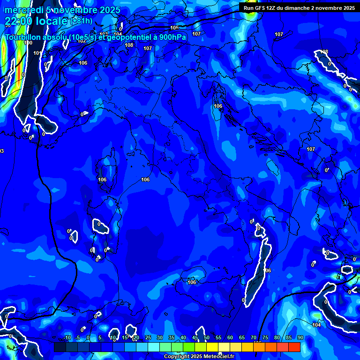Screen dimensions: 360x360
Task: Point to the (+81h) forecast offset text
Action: point(81,21)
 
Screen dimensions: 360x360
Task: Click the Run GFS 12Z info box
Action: point(299,7)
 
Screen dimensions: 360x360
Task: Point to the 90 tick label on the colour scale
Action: point(300,338)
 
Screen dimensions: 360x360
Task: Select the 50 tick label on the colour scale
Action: point(207,338)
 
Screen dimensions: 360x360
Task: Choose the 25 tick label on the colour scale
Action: point(148,338)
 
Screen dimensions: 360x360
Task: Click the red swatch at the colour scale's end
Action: point(294,347)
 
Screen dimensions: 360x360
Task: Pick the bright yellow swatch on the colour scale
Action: point(212,347)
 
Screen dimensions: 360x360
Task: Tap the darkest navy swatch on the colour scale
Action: point(60,347)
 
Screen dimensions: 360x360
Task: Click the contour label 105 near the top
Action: point(174,28)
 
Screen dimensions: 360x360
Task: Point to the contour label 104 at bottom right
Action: point(317,325)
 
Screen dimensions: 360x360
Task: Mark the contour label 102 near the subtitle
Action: point(82,41)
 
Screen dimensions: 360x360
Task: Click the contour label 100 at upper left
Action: point(28,43)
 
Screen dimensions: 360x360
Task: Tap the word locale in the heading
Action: point(51,21)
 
